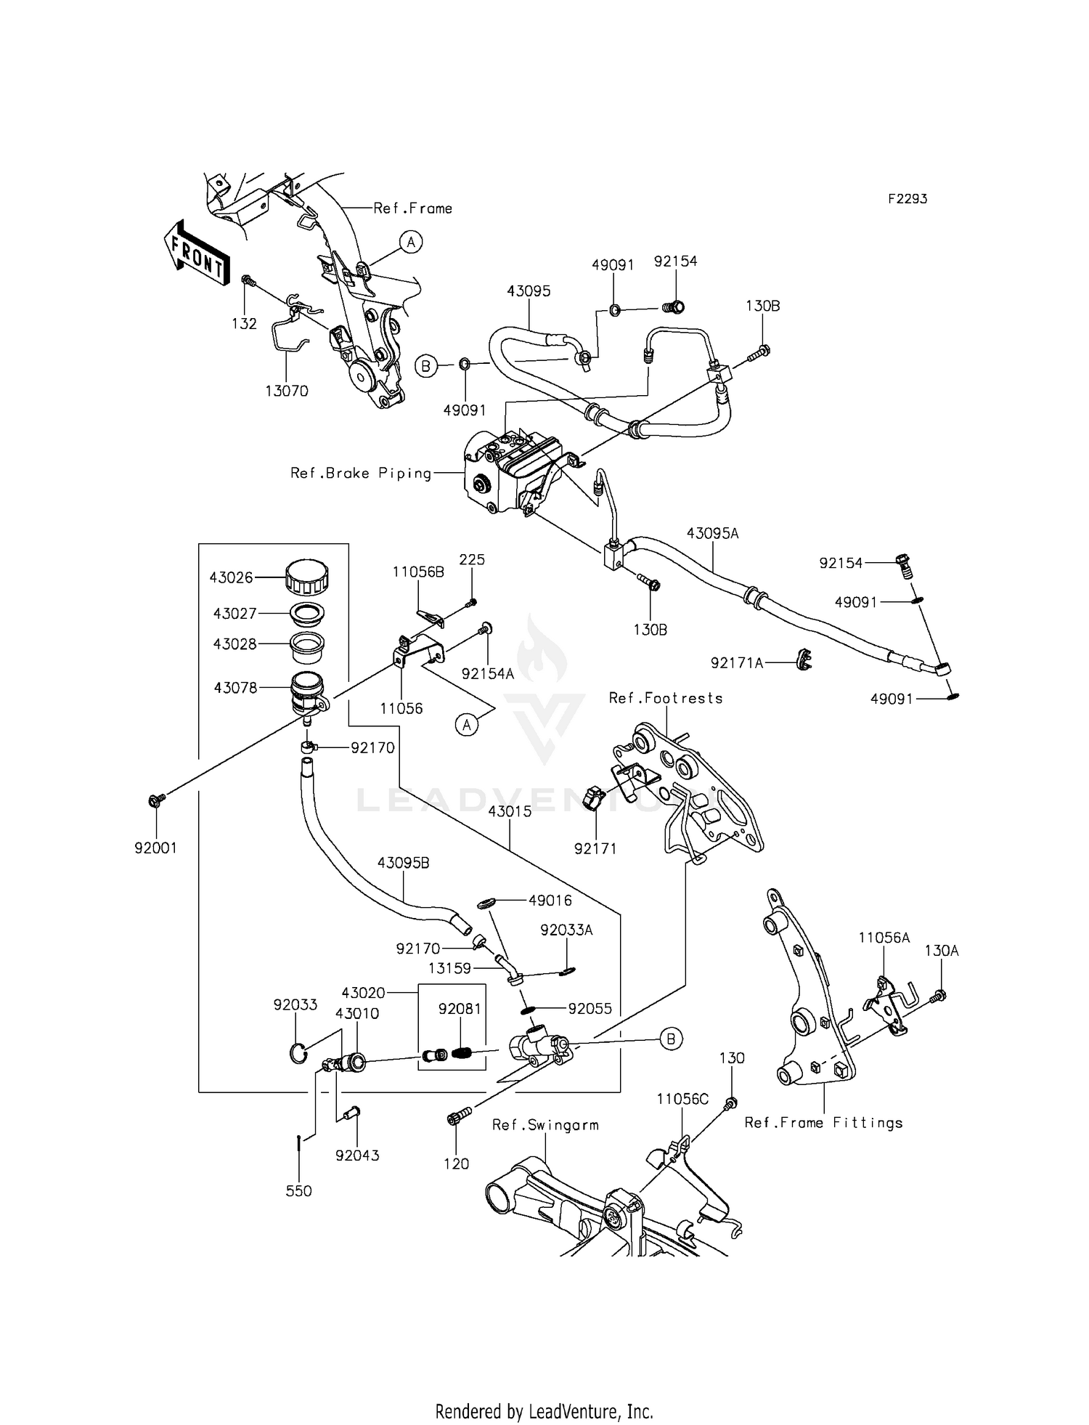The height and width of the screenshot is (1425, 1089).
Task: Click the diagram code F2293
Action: coord(907,198)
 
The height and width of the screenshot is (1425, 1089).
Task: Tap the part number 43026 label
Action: coord(231,577)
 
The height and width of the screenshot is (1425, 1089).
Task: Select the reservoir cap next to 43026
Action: coord(307,577)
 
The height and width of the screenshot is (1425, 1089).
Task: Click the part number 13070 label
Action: coord(286,391)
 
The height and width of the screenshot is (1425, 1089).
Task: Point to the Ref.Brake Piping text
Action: coord(361,474)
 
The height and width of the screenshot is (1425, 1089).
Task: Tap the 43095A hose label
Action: coord(712,533)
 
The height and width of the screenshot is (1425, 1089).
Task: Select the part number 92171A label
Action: coord(737,662)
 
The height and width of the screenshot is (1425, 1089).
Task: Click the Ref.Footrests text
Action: coord(666,698)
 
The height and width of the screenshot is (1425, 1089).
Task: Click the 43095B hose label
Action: coord(403,863)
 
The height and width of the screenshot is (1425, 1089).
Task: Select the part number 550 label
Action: coord(298,1191)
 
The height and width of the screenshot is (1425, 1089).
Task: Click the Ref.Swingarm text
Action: coord(545,1125)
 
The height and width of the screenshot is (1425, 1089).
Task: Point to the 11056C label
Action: coord(682,1099)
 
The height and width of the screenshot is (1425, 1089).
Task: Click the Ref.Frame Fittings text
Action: coord(823,1123)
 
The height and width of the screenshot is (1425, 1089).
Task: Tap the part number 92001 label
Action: coord(155,848)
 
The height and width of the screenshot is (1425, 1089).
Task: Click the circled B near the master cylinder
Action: coord(670,1039)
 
